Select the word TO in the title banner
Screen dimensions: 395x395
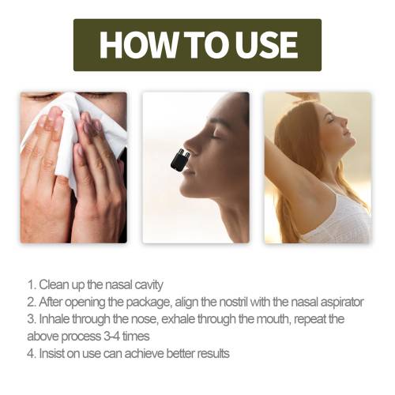207,45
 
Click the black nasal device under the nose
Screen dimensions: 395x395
180,160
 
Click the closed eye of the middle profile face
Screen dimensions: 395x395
216,136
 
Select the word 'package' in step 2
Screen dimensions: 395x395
148,303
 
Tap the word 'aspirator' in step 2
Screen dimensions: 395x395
342,303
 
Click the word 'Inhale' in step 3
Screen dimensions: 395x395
55,319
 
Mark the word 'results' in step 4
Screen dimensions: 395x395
213,354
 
